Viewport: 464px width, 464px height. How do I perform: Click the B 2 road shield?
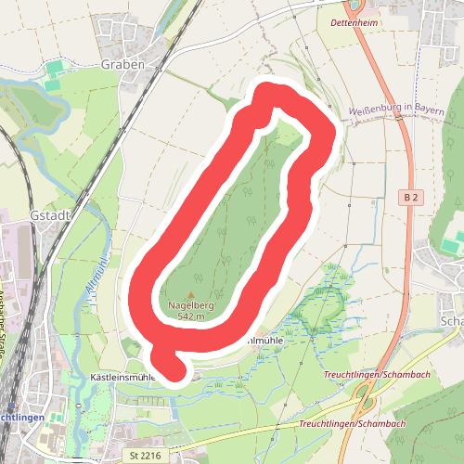pyautogui.click(x=413, y=198)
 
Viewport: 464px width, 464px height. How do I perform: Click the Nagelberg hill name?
pyautogui.click(x=192, y=305)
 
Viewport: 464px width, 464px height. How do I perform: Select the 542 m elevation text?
pyautogui.click(x=191, y=316)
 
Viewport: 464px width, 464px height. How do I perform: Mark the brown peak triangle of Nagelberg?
pyautogui.click(x=192, y=295)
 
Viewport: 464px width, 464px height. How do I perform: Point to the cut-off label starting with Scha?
pyautogui.click(x=454, y=320)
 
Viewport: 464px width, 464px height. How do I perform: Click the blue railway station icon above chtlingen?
pyautogui.click(x=6, y=404)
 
